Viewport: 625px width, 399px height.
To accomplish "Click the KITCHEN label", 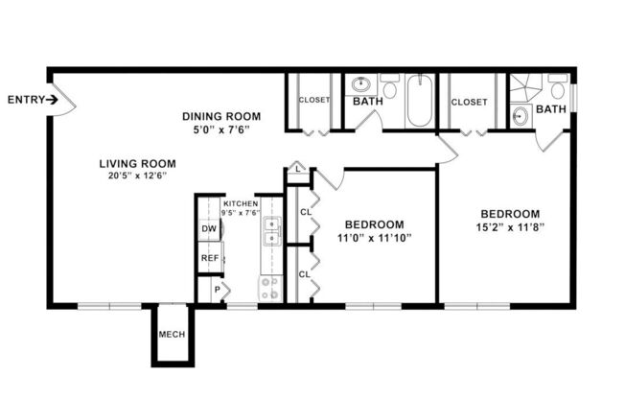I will coord(239,203).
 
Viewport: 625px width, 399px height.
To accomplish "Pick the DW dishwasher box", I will coord(208,230).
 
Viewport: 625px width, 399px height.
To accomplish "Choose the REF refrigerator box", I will coord(208,259).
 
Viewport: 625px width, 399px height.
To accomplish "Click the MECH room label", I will coord(173,335).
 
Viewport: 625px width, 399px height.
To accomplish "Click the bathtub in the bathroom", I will coord(421,103).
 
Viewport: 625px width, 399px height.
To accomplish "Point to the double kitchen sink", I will coord(272,232).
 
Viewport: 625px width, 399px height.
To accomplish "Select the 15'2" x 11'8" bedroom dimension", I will coord(509,228).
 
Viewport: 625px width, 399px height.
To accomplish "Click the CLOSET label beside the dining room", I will coord(313,100).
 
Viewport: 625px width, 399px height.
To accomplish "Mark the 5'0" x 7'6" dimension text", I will coord(221,130).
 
